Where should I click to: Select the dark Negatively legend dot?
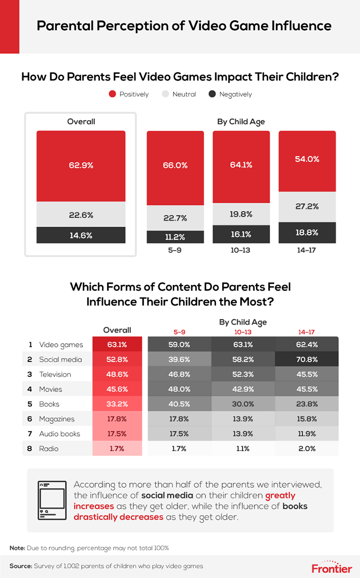click(212, 94)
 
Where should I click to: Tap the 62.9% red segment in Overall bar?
click(81, 166)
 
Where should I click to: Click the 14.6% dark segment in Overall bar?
click(81, 235)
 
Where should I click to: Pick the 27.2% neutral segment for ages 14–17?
click(307, 207)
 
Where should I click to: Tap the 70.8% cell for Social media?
click(307, 359)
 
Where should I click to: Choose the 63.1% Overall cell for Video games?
click(117, 345)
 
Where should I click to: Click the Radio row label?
click(49, 448)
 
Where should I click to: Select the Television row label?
click(55, 374)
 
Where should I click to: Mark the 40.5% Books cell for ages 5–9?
click(175, 404)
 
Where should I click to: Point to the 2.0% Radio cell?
click(307, 448)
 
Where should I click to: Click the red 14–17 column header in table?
click(307, 332)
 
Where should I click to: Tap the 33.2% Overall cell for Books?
click(117, 404)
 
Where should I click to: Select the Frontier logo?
click(332, 566)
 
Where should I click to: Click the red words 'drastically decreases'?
click(118, 517)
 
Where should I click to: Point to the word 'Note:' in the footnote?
click(18, 548)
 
